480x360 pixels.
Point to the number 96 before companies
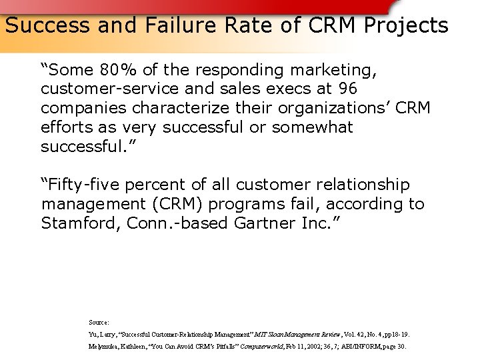click(347, 89)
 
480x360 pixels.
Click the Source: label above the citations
click(99, 322)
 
